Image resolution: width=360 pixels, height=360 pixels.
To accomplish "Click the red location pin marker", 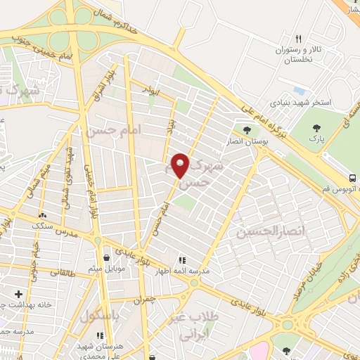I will [181, 165].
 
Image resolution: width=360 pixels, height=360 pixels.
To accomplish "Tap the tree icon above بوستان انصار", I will [246, 129].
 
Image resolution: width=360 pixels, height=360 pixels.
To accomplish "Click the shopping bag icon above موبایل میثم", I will [105, 257].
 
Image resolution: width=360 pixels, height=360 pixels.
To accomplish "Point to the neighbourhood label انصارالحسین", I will [262, 231].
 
